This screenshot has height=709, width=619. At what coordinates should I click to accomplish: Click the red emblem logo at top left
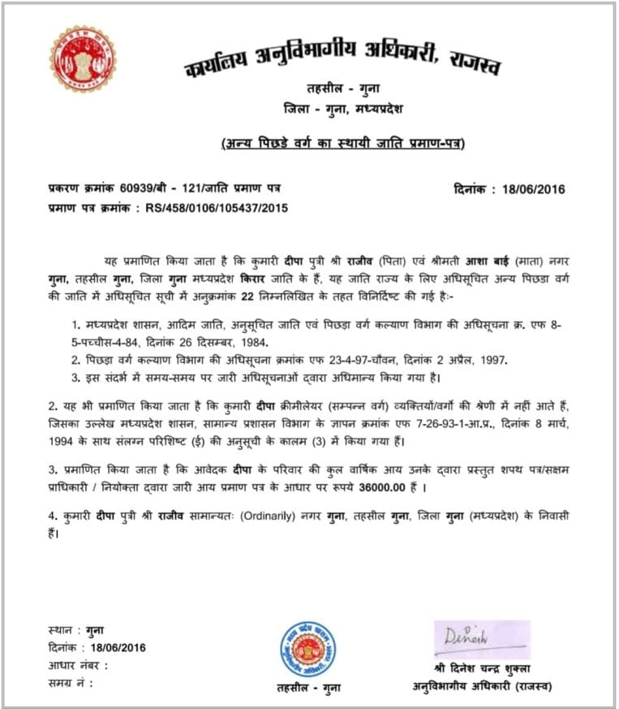(83, 58)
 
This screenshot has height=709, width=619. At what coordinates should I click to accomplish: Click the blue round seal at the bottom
(307, 649)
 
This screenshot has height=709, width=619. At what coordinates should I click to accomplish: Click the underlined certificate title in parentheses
(343, 145)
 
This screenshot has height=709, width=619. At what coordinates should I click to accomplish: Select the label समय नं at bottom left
(68, 683)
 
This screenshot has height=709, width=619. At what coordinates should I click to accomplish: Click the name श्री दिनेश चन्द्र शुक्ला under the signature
(481, 669)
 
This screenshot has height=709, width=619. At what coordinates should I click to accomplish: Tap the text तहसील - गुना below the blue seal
(308, 687)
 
